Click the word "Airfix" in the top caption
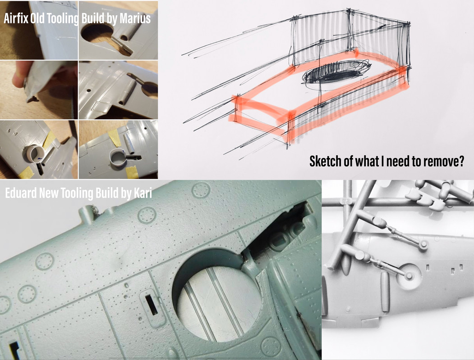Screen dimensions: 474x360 click(x=16, y=18)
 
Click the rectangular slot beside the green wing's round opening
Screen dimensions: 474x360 click(x=152, y=305)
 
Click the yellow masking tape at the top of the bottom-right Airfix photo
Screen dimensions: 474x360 click(x=115, y=138)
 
